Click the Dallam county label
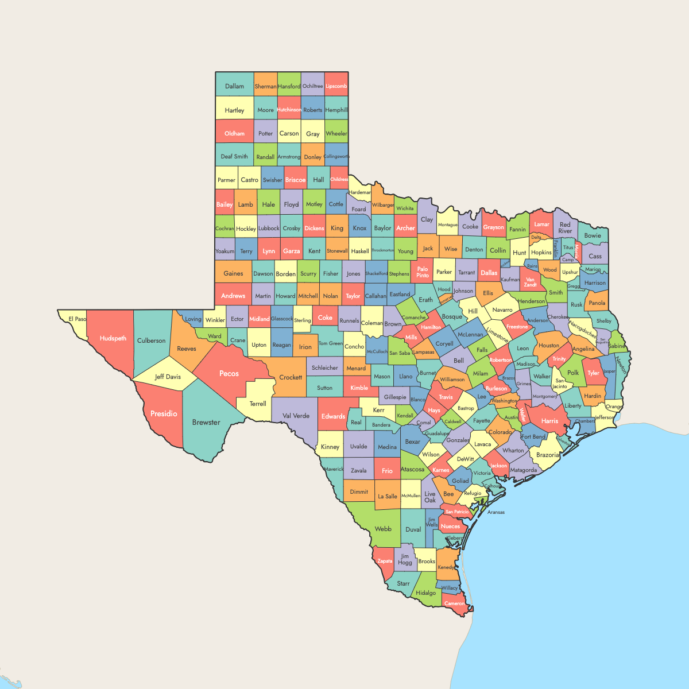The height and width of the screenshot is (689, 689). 234,86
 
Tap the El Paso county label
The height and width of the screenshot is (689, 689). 77,319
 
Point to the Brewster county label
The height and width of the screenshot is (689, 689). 206,422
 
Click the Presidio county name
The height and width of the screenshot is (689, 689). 164,413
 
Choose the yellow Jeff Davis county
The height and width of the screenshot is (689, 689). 168,377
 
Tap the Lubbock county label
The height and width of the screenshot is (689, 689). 269,228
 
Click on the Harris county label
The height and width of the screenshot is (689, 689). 549,421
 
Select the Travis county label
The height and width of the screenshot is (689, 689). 446,397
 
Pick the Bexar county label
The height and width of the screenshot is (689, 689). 413,442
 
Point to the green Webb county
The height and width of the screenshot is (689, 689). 383,529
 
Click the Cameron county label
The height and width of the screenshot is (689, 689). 454,603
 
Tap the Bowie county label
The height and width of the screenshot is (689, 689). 593,235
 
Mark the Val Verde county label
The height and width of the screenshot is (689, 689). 296,416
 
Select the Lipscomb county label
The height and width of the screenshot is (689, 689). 336,86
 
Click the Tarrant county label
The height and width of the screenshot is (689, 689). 467,273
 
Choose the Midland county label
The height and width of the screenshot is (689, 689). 260,319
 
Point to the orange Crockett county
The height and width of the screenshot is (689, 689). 291,377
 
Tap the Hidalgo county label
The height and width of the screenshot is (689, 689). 425,593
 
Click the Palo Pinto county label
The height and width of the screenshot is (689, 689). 423,272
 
